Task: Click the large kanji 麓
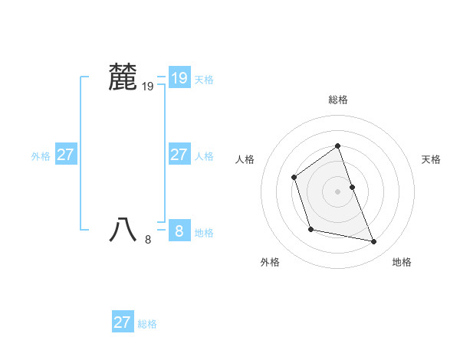pyautogui.click(x=123, y=77)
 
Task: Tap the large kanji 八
pyautogui.click(x=123, y=229)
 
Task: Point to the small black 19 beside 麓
pyautogui.click(x=148, y=87)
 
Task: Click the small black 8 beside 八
pyautogui.click(x=148, y=240)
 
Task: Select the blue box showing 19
pyautogui.click(x=179, y=77)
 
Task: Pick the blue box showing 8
pyautogui.click(x=179, y=230)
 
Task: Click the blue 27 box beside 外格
pyautogui.click(x=65, y=155)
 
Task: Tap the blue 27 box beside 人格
pyautogui.click(x=179, y=155)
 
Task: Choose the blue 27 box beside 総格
pyautogui.click(x=122, y=322)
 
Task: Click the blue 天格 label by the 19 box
pyautogui.click(x=204, y=79)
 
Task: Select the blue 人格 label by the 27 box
pyautogui.click(x=204, y=156)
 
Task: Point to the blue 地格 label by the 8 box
pyautogui.click(x=204, y=233)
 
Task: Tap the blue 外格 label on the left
pyautogui.click(x=41, y=156)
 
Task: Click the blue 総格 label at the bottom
pyautogui.click(x=147, y=324)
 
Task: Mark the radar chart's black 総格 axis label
pyautogui.click(x=338, y=100)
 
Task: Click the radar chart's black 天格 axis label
pyautogui.click(x=432, y=159)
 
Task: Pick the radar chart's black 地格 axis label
pyautogui.click(x=402, y=262)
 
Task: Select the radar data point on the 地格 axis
pyautogui.click(x=374, y=242)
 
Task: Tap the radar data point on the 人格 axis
pyautogui.click(x=294, y=178)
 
